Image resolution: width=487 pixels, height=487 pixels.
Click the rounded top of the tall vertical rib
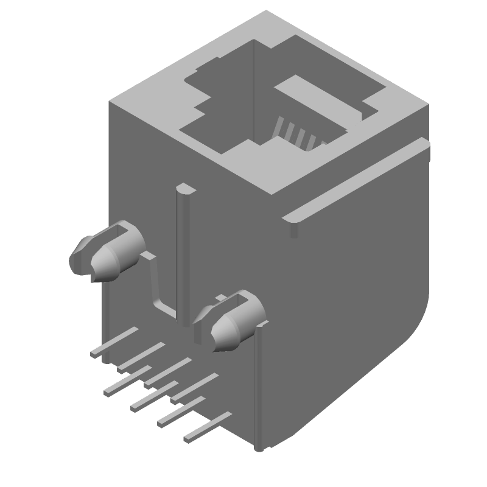[184, 190]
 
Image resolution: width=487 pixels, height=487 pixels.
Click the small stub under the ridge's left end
[295, 230]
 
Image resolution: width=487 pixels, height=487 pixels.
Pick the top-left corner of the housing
[111, 103]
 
